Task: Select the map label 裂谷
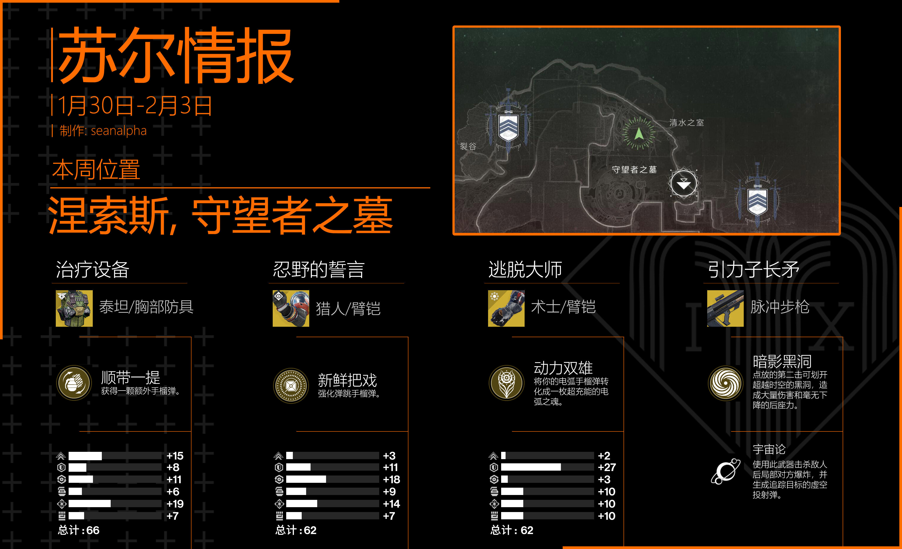pyautogui.click(x=468, y=146)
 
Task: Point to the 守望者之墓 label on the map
pyautogui.click(x=634, y=169)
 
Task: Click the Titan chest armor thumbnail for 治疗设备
pyautogui.click(x=74, y=308)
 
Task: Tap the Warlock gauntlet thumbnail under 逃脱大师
pyautogui.click(x=506, y=308)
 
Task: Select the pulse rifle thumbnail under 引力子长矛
pyautogui.click(x=725, y=308)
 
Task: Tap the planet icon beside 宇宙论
pyautogui.click(x=725, y=471)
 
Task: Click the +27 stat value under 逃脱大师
pyautogui.click(x=606, y=467)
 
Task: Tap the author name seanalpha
pyautogui.click(x=119, y=131)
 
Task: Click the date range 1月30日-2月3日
pyautogui.click(x=135, y=106)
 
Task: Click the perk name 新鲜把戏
pyautogui.click(x=347, y=380)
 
